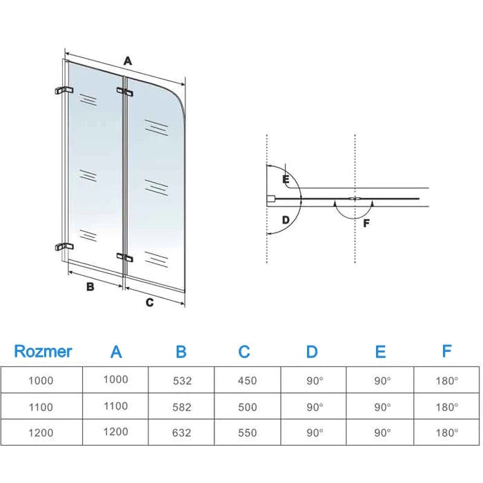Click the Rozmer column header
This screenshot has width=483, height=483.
43,351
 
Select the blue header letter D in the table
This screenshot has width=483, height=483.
312,352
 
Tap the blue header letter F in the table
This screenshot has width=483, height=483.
446,351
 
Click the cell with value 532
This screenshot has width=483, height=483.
182,380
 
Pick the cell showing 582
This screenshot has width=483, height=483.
182,407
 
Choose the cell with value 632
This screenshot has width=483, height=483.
182,433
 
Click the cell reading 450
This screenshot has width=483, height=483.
246,380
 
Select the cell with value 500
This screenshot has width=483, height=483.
246,407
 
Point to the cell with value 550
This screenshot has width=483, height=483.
246,433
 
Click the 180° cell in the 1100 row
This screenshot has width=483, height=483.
446,407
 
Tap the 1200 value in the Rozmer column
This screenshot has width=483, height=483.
41,433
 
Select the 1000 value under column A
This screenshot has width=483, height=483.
115,379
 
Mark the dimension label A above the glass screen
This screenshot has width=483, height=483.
128,61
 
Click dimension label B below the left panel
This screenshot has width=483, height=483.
90,287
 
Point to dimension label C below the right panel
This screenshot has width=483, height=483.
149,302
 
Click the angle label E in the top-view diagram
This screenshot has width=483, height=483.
285,179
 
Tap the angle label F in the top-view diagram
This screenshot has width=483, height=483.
366,223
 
